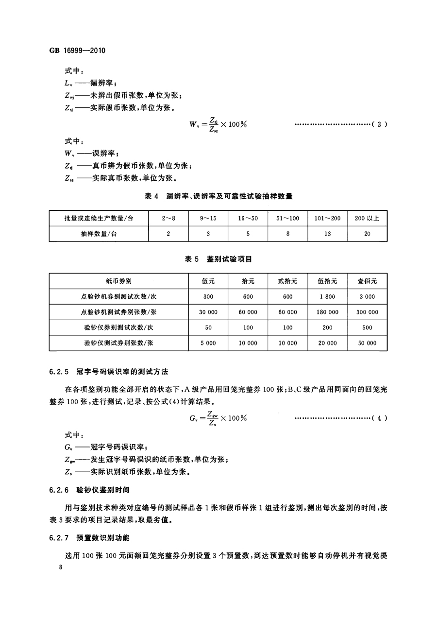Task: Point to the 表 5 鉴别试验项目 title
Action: pyautogui.click(x=218, y=259)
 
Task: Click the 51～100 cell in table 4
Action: pyautogui.click(x=288, y=218)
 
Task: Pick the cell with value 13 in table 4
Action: pyautogui.click(x=328, y=234)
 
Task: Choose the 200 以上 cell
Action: pyautogui.click(x=368, y=218)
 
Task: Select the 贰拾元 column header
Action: pyautogui.click(x=288, y=281)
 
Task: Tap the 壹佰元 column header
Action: pyautogui.click(x=368, y=281)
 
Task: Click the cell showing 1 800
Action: pyautogui.click(x=328, y=296)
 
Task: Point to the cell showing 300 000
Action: pyautogui.click(x=368, y=312)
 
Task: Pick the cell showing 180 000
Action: pyautogui.click(x=328, y=312)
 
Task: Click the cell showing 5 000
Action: pyautogui.click(x=208, y=343)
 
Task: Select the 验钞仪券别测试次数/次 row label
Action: pyautogui.click(x=118, y=327)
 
